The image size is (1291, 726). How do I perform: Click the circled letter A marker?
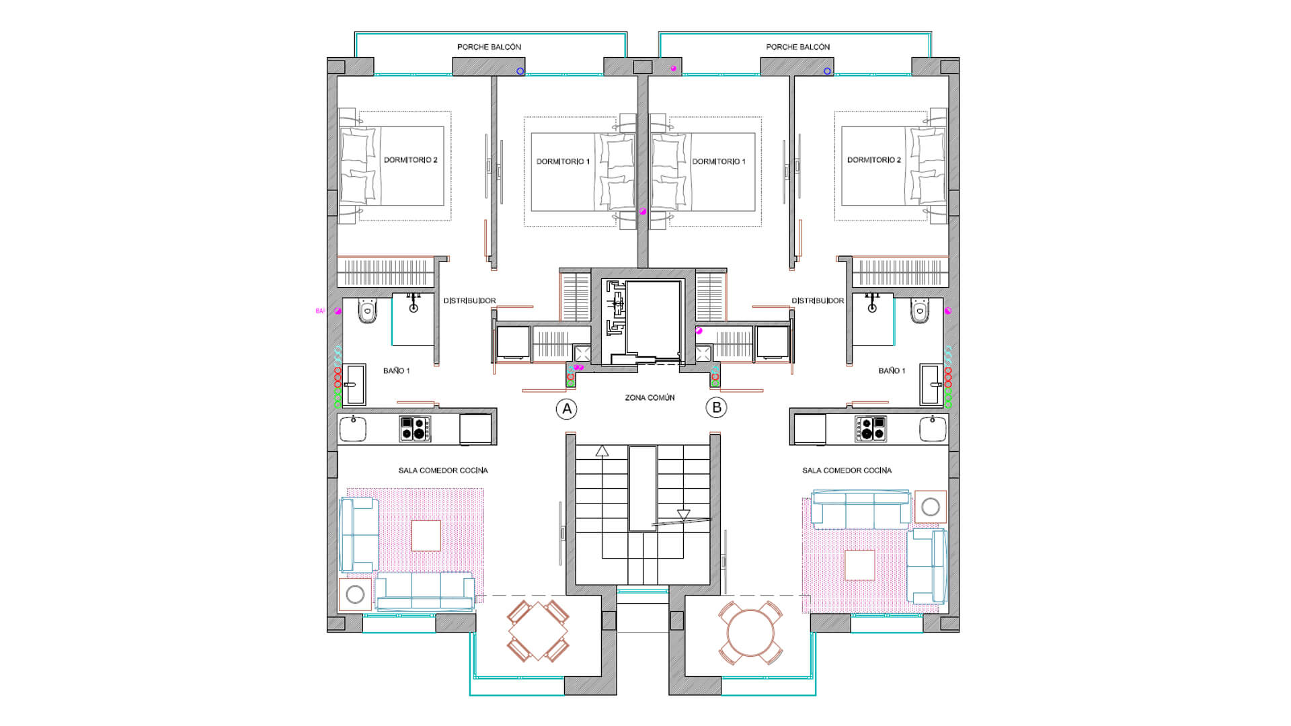pos(567,409)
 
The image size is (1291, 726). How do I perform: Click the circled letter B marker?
pos(716,407)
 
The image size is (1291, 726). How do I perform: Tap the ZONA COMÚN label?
pos(650,398)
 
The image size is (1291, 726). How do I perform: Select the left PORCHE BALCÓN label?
pos(489,47)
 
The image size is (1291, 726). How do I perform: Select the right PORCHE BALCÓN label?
pos(797,47)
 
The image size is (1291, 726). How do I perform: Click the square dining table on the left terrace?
pos(538,631)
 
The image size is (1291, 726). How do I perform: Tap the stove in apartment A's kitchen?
pos(415,429)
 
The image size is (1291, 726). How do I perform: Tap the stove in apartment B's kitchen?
pos(871,429)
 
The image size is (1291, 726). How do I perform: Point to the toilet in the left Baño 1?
pos(368,311)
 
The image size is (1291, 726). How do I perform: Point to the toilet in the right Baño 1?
pos(919,311)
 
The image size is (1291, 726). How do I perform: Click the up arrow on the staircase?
pos(602,451)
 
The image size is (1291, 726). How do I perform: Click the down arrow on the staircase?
pos(683,516)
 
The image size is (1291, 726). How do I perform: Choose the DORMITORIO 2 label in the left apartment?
pos(410,160)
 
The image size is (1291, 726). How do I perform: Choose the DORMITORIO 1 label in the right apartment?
pos(718,161)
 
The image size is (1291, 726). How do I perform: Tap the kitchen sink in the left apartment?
pos(353,429)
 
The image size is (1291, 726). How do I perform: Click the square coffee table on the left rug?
pos(426,536)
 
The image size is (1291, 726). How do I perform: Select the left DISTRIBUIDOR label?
pos(469,301)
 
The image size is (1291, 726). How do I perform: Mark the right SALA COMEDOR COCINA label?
pos(847,471)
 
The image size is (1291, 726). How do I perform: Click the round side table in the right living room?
pos(930,507)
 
